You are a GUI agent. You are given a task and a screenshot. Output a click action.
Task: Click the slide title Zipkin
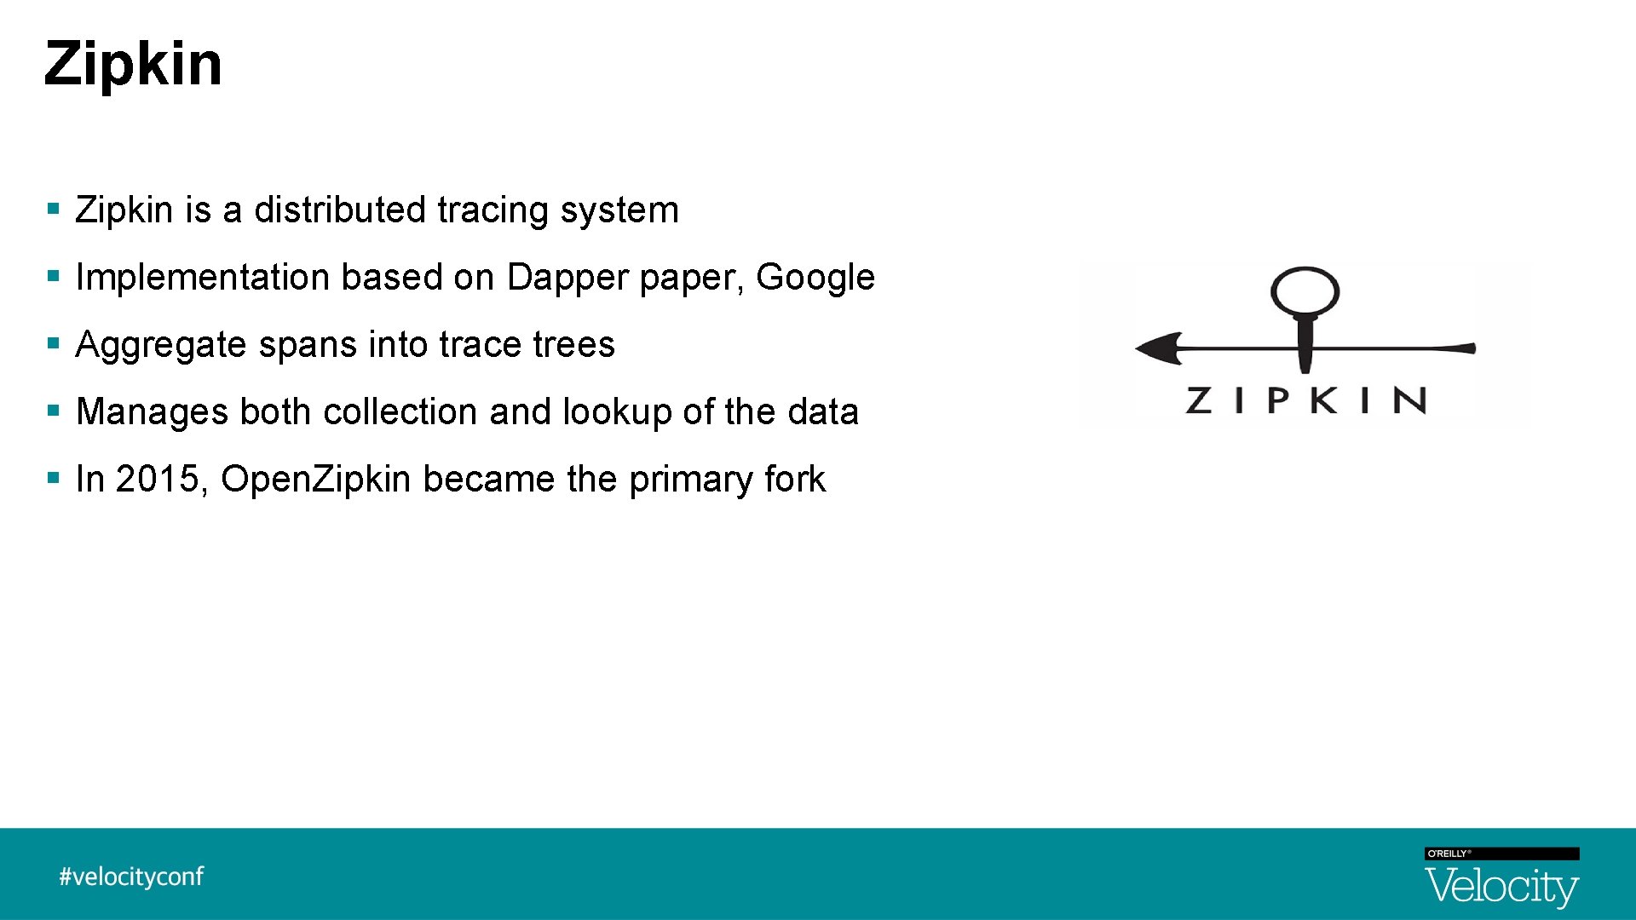[x=133, y=64]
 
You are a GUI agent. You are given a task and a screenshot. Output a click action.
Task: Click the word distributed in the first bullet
[x=340, y=210]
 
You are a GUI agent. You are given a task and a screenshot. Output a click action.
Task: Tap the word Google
[x=815, y=278]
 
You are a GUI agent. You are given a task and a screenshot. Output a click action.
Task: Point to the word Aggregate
[x=160, y=345]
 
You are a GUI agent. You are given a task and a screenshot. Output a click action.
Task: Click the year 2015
[x=158, y=480]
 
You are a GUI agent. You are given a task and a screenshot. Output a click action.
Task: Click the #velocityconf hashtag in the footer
[x=131, y=877]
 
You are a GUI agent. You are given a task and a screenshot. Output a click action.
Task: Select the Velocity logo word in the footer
[x=1501, y=887]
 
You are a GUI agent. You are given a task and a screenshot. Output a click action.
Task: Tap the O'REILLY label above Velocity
[x=1448, y=854]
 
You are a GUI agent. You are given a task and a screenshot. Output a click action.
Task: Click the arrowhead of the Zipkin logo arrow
[x=1158, y=348]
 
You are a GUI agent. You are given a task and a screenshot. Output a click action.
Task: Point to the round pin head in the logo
[x=1305, y=292]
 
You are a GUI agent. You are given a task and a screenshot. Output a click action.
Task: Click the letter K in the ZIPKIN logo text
[x=1323, y=400]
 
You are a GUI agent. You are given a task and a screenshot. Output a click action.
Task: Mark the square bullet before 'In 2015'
[x=54, y=477]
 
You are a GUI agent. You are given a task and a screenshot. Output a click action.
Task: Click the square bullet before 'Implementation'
[x=54, y=275]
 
